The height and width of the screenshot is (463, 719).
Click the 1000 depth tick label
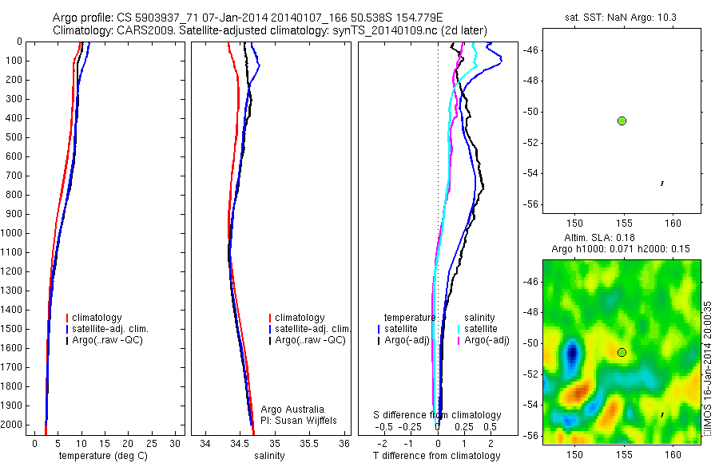(x=11, y=233)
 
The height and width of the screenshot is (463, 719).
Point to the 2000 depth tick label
(x=11, y=425)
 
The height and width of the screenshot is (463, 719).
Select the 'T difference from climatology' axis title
(x=436, y=456)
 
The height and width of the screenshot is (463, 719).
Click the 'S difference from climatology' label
(x=437, y=415)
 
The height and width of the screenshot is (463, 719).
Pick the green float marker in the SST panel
(x=622, y=121)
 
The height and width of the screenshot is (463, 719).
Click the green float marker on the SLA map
(x=622, y=352)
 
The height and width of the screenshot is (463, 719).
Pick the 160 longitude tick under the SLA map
(x=673, y=453)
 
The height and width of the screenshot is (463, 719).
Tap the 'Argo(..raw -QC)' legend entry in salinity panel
(x=310, y=340)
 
